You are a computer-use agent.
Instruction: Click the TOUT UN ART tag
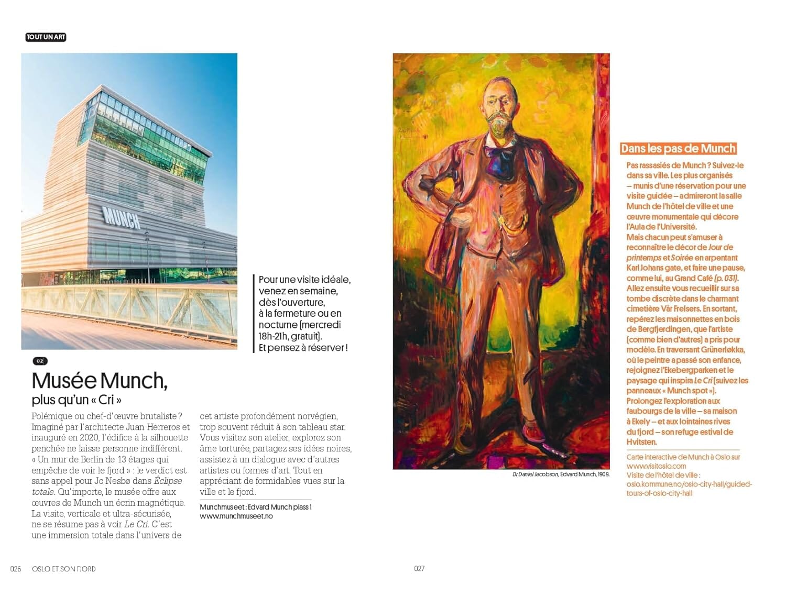point(46,37)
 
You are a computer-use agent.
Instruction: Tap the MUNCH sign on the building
point(122,217)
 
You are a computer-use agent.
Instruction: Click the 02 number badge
point(40,361)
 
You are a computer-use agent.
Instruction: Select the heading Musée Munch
point(100,381)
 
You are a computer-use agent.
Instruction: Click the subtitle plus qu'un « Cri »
point(77,400)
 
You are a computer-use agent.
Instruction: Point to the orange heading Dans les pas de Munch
point(678,149)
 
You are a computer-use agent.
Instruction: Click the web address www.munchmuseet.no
point(236,516)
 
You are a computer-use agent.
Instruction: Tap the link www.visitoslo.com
point(656,466)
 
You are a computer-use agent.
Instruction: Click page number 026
point(16,569)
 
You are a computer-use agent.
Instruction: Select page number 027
point(419,568)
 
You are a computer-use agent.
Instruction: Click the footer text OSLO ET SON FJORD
point(64,569)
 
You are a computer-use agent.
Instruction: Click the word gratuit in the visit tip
point(304,336)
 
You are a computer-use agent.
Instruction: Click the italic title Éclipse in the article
point(168,481)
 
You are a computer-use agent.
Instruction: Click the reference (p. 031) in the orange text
point(726,278)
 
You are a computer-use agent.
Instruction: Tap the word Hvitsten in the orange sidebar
point(641,442)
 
